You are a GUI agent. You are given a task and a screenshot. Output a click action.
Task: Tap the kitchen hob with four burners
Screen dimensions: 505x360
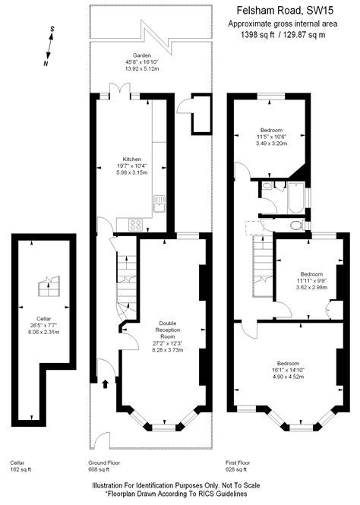[137, 224]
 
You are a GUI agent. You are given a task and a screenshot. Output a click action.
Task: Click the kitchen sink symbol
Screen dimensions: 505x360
[159, 204]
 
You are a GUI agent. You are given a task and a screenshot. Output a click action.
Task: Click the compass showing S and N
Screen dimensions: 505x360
[49, 46]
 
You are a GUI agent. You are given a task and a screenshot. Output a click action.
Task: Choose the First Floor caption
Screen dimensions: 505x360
[238, 462]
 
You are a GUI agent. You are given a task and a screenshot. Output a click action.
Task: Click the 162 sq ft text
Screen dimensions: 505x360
[21, 470]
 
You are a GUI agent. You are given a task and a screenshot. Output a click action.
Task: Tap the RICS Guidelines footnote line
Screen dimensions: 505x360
[179, 494]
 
